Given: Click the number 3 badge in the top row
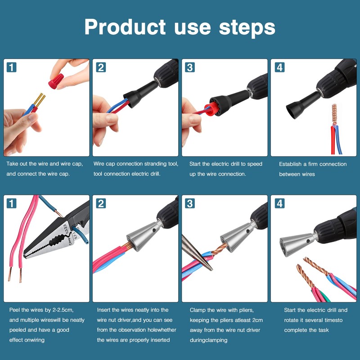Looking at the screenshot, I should coord(190,67).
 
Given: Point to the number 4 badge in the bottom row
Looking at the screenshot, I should coord(279,203).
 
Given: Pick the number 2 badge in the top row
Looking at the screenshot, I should coord(101,67).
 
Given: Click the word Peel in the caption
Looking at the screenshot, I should coord(15,310).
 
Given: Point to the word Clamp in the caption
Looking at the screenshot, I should coord(198,310).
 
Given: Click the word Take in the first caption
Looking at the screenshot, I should coord(13,164).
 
